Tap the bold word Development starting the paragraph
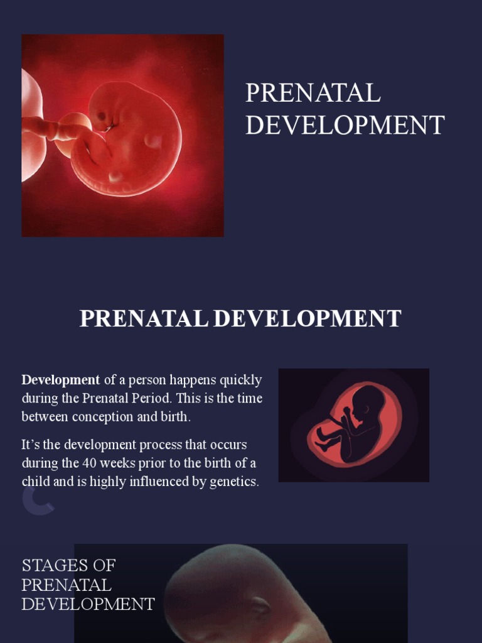pos(60,380)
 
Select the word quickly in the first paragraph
pos(240,380)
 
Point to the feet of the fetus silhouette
pos(322,440)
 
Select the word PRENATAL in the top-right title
pos(313,93)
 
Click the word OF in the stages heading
pos(103,565)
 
